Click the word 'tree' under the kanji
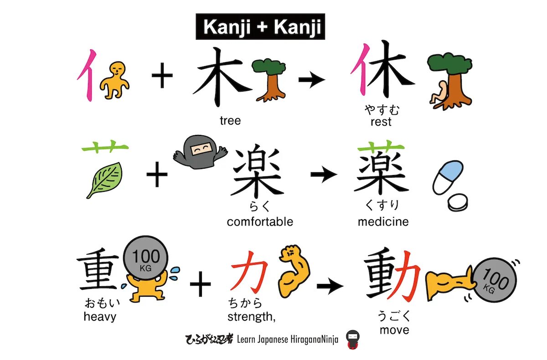230,121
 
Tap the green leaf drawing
105,180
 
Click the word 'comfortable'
260,222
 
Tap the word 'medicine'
383,222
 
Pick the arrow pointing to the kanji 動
330,286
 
